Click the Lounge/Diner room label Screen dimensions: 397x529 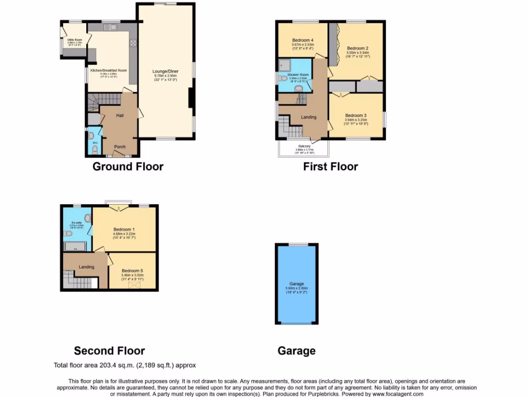click(165, 71)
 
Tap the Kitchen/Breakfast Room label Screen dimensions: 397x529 click(108, 70)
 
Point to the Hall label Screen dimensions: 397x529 click(120, 115)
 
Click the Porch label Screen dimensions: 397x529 click(120, 147)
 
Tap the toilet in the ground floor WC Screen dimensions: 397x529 click(95, 149)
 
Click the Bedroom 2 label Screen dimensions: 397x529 click(357, 48)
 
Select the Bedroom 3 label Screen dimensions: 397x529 click(356, 115)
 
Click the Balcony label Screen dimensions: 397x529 click(304, 146)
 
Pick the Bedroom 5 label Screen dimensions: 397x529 click(133, 271)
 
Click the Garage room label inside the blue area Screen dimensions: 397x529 click(297, 284)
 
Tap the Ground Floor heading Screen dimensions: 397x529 click(128, 166)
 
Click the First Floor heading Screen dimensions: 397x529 click(330, 166)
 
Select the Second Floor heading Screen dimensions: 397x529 click(109, 351)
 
